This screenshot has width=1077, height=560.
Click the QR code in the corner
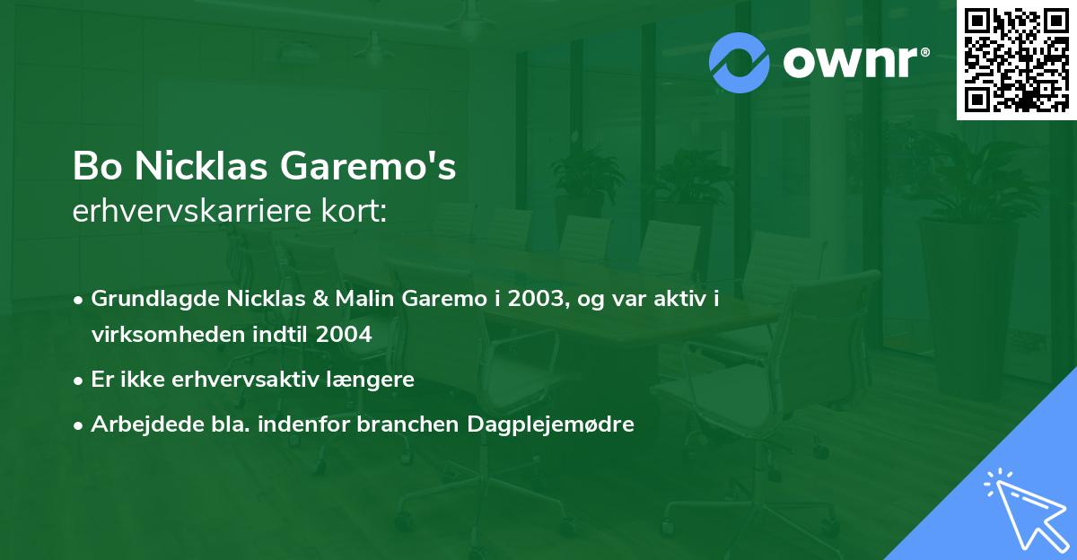(x=1017, y=60)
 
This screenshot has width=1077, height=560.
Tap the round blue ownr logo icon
(x=739, y=62)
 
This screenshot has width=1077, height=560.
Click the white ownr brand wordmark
(x=855, y=61)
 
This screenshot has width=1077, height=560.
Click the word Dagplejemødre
(x=551, y=424)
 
